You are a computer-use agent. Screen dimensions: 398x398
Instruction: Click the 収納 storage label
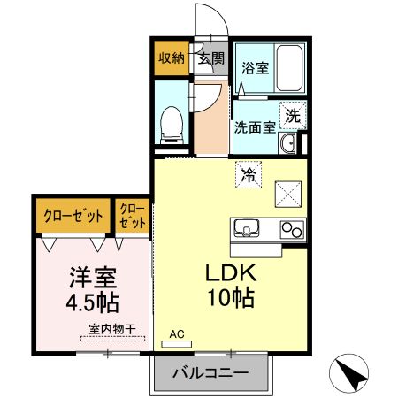(x=172, y=59)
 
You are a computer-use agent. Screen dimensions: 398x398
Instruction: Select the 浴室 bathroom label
(x=256, y=68)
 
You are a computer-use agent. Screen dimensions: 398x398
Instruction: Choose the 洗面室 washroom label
(x=255, y=126)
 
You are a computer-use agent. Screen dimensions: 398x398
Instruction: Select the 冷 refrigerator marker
(x=249, y=174)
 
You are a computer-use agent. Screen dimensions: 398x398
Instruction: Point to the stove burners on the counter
(x=291, y=229)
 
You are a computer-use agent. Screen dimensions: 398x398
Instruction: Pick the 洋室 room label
(x=91, y=276)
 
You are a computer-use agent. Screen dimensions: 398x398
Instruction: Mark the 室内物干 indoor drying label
(x=111, y=330)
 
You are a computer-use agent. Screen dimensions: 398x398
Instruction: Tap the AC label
(x=178, y=334)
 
